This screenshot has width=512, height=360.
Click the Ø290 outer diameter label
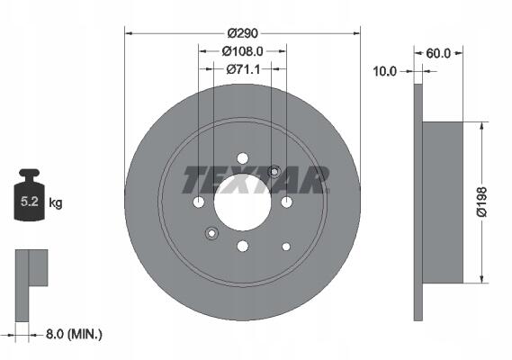point(243,33)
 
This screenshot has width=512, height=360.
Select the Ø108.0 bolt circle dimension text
point(243,51)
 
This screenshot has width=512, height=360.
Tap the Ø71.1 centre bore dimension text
point(243,69)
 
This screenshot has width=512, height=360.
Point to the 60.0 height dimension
point(438,53)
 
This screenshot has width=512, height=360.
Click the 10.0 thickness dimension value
point(384,71)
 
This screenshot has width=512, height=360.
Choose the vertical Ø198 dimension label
point(482,202)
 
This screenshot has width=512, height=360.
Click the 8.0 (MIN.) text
point(74,334)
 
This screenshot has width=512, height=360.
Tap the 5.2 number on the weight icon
point(30,202)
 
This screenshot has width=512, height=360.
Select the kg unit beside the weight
point(56,202)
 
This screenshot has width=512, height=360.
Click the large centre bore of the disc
point(243,202)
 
